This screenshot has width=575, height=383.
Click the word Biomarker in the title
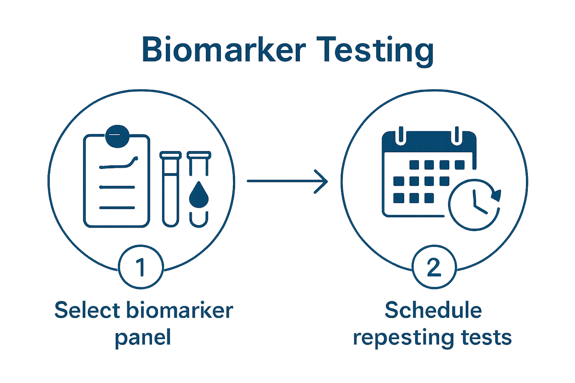(x=223, y=50)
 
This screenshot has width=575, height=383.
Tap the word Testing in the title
(x=375, y=50)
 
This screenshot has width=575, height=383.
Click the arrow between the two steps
(x=287, y=181)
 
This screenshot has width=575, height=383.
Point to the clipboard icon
(x=116, y=181)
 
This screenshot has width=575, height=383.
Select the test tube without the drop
(x=170, y=189)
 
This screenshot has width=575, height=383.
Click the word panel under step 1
(x=143, y=337)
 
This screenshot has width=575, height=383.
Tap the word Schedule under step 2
(x=433, y=311)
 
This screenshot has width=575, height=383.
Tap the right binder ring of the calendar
(x=457, y=135)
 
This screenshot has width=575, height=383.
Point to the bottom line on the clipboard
(x=116, y=208)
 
